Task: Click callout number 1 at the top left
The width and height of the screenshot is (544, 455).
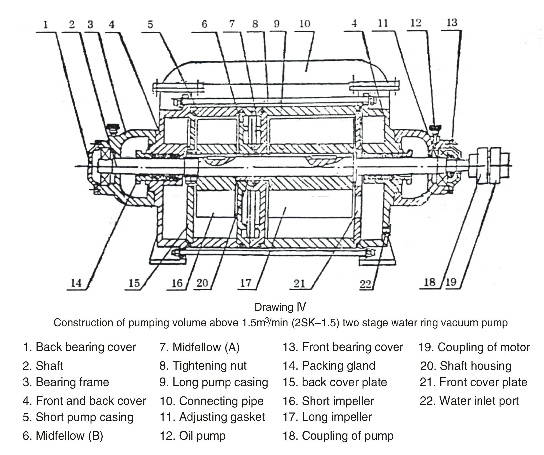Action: [x=46, y=25]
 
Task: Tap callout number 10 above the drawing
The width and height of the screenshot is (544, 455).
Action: [x=305, y=24]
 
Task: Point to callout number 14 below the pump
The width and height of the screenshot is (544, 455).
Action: [x=76, y=283]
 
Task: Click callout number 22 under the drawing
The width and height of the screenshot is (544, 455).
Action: [x=365, y=284]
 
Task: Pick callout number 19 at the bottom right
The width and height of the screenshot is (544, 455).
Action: [x=451, y=282]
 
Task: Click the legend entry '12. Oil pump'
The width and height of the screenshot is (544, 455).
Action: [x=192, y=436]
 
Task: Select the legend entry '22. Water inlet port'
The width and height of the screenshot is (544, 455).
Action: [x=469, y=401]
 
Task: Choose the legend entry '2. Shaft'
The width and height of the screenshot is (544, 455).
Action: [x=43, y=366]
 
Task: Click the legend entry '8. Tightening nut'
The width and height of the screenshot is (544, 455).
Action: [x=203, y=366]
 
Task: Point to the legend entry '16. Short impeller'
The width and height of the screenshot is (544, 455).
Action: [x=328, y=401]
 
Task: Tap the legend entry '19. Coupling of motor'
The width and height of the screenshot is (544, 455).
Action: [x=474, y=347]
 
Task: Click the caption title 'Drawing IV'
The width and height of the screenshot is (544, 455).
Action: [x=280, y=307]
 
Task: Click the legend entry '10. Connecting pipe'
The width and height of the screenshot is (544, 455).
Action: [x=212, y=401]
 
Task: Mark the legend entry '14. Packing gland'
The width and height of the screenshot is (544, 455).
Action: [x=329, y=366]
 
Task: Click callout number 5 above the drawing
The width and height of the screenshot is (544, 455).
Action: [x=150, y=24]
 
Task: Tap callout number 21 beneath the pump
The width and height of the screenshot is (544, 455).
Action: [x=299, y=283]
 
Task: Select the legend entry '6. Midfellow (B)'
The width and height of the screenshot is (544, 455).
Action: [x=63, y=436]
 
